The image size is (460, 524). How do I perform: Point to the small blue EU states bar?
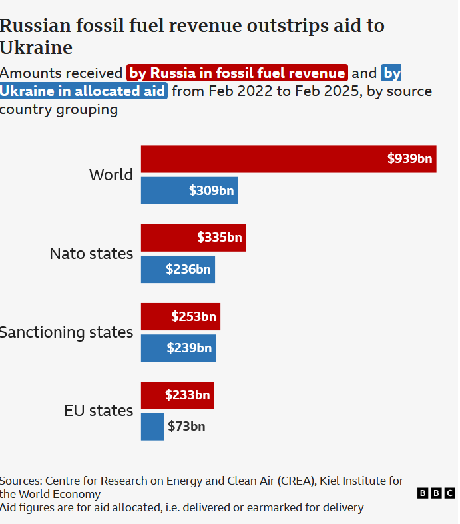coord(152,427)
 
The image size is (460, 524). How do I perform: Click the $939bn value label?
coord(409,159)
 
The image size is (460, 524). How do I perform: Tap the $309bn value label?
coord(211,191)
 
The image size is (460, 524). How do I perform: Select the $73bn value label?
coord(186,427)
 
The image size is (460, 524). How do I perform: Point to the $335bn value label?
coord(220,238)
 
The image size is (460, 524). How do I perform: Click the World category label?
coord(111,175)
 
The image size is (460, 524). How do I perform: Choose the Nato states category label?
coord(91,254)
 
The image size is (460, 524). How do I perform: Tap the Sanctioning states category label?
coord(67,332)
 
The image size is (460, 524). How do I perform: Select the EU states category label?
coord(99,411)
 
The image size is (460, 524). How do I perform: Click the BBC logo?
coord(436,493)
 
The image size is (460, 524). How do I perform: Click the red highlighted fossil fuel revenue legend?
coord(237,73)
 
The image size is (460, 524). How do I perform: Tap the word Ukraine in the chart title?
coord(36,48)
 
